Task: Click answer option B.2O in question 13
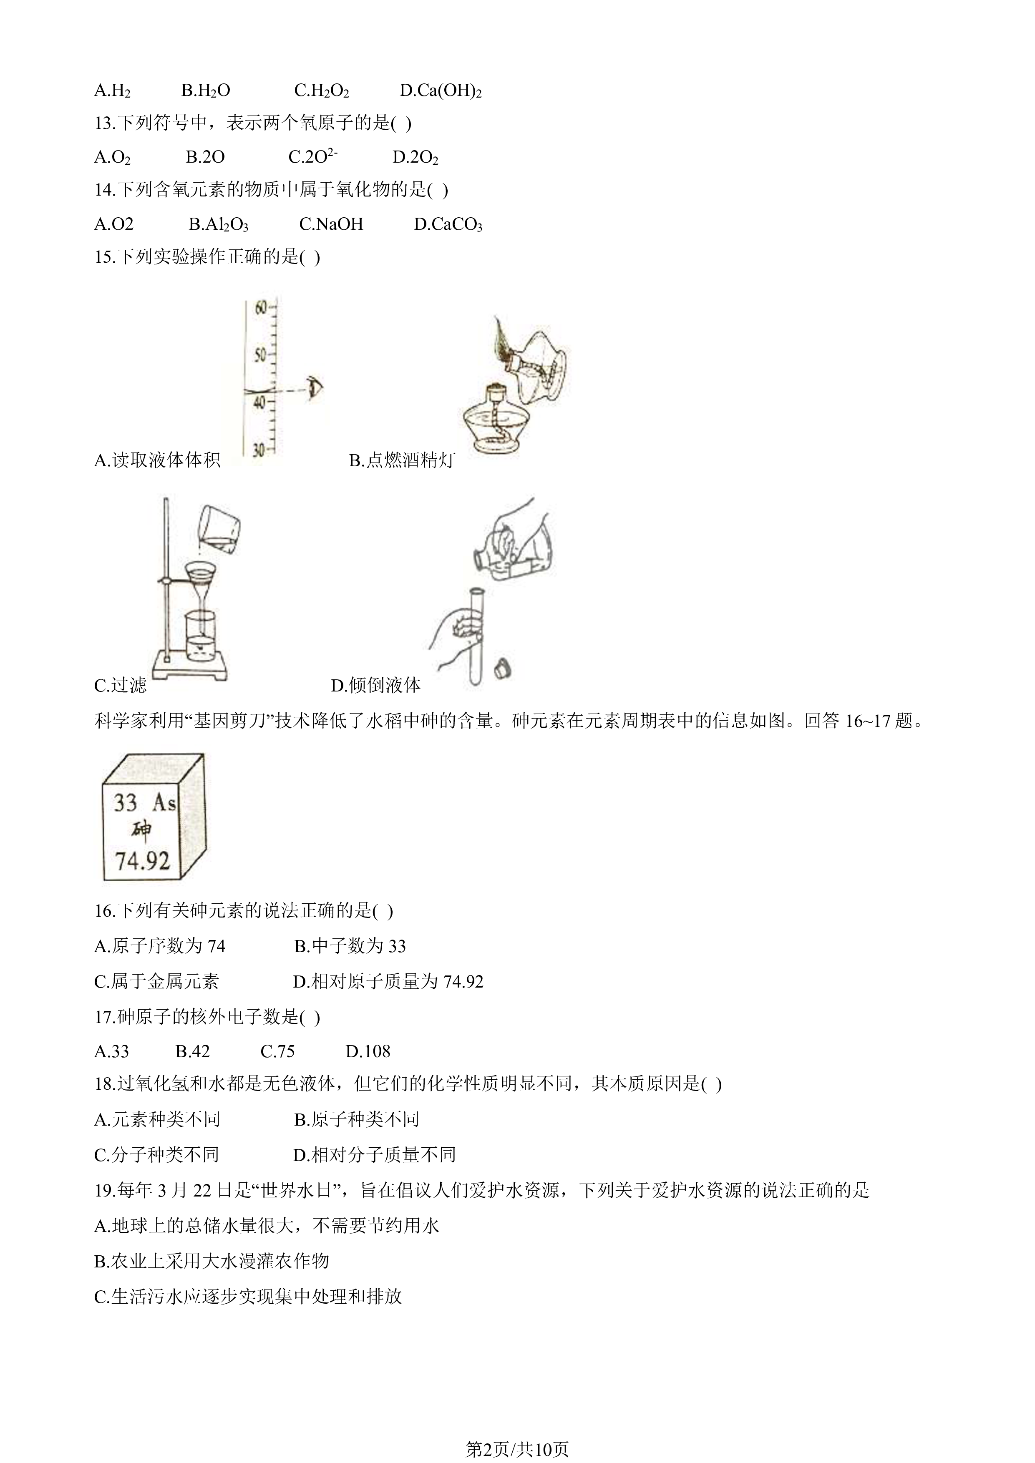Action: tap(205, 157)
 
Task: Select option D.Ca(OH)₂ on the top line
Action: tap(441, 90)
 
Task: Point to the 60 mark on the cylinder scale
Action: tap(261, 308)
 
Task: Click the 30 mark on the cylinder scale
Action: tap(259, 450)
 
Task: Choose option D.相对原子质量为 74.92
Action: tap(388, 981)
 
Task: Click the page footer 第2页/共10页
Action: tap(517, 1431)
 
